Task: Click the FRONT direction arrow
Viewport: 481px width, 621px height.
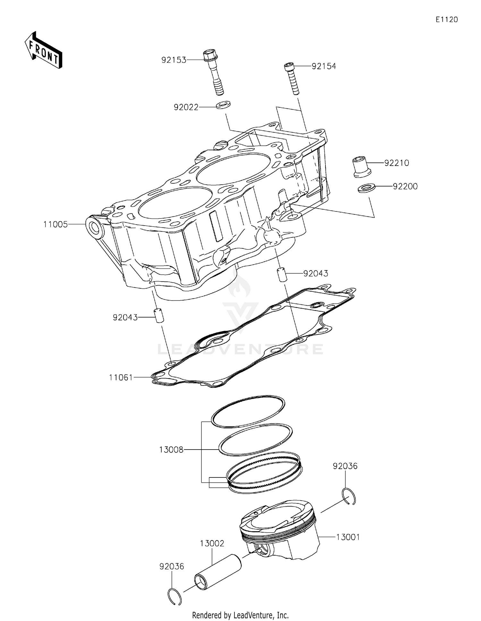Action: [x=44, y=50]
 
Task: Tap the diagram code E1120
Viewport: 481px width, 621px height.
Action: [x=446, y=20]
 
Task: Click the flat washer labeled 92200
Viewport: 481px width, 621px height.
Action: [x=367, y=188]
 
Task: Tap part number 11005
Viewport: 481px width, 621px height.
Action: [x=56, y=225]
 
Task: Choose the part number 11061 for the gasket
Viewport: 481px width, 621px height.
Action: [x=121, y=377]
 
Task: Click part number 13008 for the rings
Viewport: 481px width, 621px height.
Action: [x=171, y=450]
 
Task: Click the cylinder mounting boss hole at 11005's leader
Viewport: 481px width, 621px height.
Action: [x=95, y=228]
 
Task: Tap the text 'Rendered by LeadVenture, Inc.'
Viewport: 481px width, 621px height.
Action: [x=240, y=615]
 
